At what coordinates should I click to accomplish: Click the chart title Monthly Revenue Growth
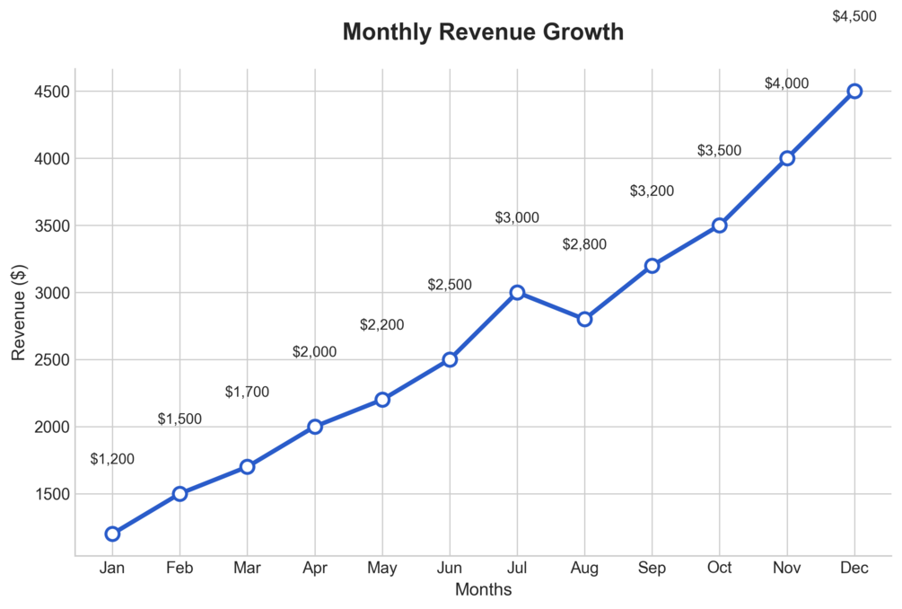coord(483,32)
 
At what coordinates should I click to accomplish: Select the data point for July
coord(517,293)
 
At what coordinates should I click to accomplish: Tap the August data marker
coord(584,319)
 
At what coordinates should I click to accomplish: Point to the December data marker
coord(854,91)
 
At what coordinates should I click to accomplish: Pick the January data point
coord(112,534)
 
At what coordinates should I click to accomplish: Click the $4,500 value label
coord(854,16)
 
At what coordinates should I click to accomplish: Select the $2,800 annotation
coord(584,244)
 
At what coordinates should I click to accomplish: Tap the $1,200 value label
coord(112,459)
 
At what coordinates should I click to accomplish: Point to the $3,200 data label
coord(652,190)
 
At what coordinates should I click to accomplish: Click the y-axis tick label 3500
coord(43,225)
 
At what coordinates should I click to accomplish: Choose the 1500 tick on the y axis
coord(43,494)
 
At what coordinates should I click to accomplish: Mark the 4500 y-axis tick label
coord(43,92)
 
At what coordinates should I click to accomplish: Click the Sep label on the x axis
coord(652,568)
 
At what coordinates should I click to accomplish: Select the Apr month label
coord(314,568)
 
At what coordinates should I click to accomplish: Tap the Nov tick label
coord(787,568)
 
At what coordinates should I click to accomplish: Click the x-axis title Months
coord(483,590)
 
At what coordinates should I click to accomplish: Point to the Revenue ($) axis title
coord(19,313)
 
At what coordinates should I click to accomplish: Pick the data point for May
coord(382,399)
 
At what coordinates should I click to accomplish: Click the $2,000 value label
coord(314,352)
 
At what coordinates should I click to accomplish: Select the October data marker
coord(719,225)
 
